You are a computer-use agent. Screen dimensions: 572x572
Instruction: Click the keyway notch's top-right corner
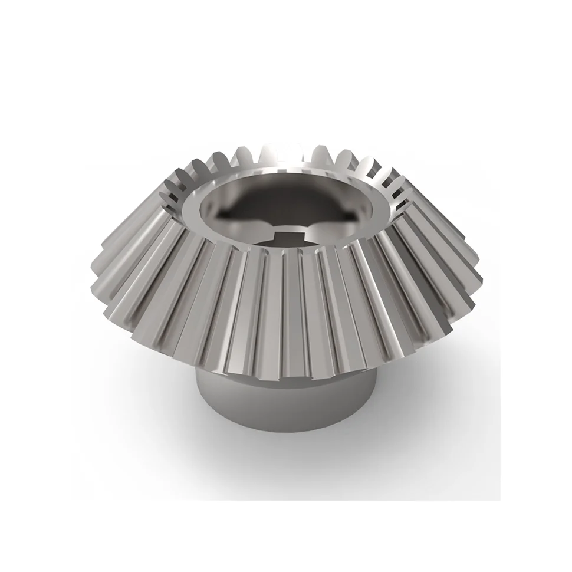pos(300,234)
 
